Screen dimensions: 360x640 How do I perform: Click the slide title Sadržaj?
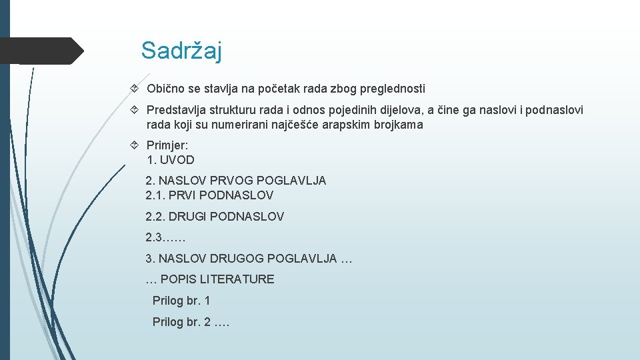click(181, 51)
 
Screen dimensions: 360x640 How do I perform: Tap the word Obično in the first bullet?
click(165, 89)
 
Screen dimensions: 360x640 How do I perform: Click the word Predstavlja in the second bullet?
click(175, 110)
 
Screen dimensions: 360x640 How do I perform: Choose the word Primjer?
click(167, 145)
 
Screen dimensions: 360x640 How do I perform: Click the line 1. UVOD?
click(171, 160)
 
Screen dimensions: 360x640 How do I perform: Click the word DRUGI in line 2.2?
click(188, 217)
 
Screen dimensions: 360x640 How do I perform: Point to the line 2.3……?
click(165, 237)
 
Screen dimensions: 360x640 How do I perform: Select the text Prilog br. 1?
click(181, 301)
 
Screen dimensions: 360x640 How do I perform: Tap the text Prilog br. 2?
click(181, 322)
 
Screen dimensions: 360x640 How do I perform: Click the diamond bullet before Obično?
click(135, 89)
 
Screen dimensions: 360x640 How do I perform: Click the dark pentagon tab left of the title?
click(40, 51)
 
